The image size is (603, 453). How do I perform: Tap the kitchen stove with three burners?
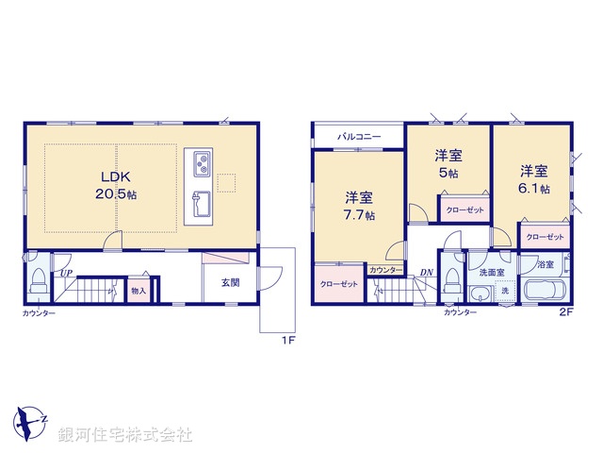pyautogui.click(x=202, y=164)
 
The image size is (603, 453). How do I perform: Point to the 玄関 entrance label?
pyautogui.click(x=231, y=282)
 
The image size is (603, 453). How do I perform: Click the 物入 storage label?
pyautogui.click(x=139, y=291)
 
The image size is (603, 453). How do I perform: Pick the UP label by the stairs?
pyautogui.click(x=66, y=274)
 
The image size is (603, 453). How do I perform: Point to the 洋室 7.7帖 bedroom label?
pyautogui.click(x=358, y=206)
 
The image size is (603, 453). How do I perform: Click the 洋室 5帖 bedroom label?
pyautogui.click(x=448, y=163)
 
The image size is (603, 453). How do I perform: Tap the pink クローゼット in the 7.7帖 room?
pyautogui.click(x=337, y=284)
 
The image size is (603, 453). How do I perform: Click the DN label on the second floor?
pyautogui.click(x=427, y=273)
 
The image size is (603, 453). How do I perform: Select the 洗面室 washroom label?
pyautogui.click(x=492, y=272)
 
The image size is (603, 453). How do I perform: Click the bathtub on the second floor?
pyautogui.click(x=541, y=291)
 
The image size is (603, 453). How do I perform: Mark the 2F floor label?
pyautogui.click(x=564, y=311)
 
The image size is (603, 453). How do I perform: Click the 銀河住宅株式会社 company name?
pyautogui.click(x=126, y=435)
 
